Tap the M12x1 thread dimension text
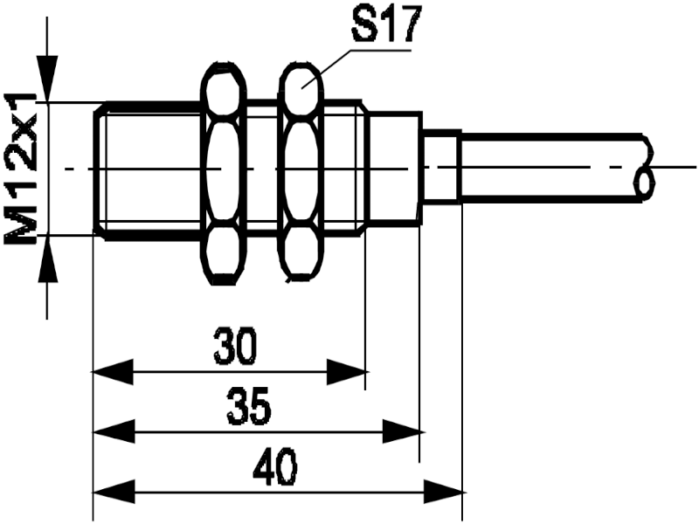pos(21,169)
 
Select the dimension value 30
pos(236,346)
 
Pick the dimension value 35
pos(249,407)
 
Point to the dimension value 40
pos(275,467)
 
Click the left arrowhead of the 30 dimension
pos(113,371)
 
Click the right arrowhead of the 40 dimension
pos(445,493)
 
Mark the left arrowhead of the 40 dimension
pos(113,493)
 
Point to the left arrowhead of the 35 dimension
pos(113,431)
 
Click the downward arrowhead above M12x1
pos(48,79)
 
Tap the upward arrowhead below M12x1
pos(48,259)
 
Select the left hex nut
pos(224,173)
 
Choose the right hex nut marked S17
pos(301,172)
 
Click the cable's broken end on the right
pos(645,168)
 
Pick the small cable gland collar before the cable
pos(441,167)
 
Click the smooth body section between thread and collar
pos(395,168)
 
